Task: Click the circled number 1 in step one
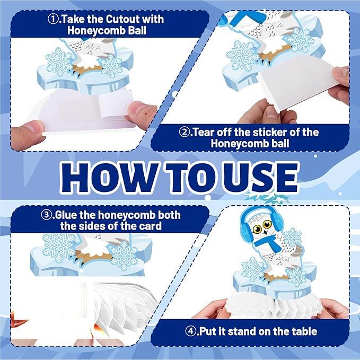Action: pos(53,19)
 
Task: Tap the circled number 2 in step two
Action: pos(184,132)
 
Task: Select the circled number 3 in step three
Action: pos(46,215)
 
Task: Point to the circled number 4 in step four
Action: pos(190,331)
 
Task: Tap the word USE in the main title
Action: pos(260,177)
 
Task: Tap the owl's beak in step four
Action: pos(266,232)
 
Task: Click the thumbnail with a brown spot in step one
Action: pos(139,112)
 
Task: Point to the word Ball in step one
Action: pos(137,30)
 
